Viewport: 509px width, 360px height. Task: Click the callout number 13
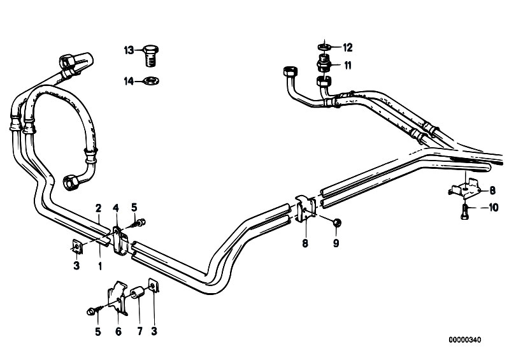129,50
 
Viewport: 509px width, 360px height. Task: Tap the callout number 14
129,81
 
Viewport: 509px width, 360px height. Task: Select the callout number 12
347,48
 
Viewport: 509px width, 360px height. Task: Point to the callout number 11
348,66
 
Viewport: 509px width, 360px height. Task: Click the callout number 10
493,208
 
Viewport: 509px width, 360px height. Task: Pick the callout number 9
336,243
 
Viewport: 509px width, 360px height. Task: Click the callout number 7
140,331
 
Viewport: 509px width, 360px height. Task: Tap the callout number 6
118,331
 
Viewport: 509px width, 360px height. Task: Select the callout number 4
116,207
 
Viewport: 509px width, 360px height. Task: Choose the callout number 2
98,208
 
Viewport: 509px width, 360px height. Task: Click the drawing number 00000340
465,340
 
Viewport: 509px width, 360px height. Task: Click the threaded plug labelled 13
150,56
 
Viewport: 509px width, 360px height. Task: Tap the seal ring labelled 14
151,80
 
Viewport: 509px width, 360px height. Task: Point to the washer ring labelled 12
324,47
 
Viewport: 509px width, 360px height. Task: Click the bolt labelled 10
464,212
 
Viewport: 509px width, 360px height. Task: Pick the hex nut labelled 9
336,222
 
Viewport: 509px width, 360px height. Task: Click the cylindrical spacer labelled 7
138,292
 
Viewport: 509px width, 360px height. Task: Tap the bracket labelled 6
117,298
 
